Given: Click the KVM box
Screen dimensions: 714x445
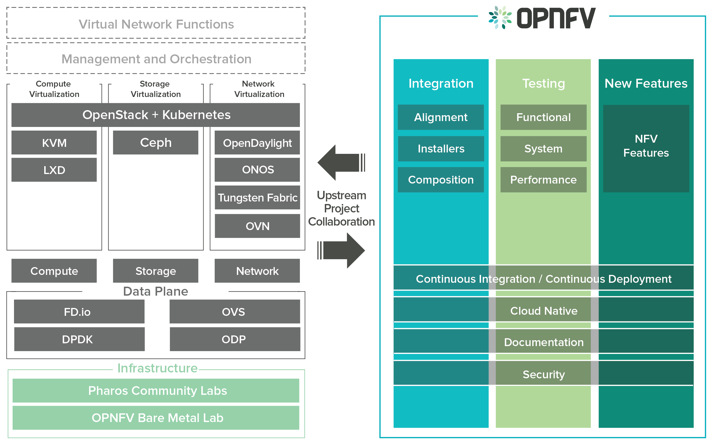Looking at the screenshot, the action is [54, 143].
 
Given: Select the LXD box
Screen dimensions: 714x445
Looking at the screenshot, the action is [54, 170].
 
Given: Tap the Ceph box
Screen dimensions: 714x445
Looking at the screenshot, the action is [156, 143].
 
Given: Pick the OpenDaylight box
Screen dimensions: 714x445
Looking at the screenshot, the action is [257, 143].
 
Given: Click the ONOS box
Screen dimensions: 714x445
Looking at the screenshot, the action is [257, 170].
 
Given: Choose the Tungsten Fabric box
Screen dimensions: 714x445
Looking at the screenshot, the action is [257, 198].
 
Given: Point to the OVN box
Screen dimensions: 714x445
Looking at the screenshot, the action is [257, 226].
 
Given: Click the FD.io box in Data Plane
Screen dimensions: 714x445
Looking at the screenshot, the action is [79, 312].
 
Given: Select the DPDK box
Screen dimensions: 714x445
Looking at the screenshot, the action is [80, 339].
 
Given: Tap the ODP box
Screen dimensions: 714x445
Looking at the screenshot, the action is [235, 339].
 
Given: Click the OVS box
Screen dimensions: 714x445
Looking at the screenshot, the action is [235, 312].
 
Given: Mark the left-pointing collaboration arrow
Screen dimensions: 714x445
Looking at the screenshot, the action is [341, 163].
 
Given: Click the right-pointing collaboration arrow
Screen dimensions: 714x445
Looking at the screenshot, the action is [341, 251].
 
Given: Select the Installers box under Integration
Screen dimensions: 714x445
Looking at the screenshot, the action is [441, 149].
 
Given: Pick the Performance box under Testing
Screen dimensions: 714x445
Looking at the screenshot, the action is [543, 180].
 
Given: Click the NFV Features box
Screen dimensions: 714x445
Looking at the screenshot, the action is [646, 149].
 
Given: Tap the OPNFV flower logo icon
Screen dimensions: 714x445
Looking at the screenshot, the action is [500, 18].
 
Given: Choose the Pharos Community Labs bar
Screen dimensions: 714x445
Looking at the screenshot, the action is [156, 391].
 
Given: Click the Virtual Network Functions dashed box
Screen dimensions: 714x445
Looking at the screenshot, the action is [156, 23].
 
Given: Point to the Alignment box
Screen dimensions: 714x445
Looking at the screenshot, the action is [441, 117].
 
